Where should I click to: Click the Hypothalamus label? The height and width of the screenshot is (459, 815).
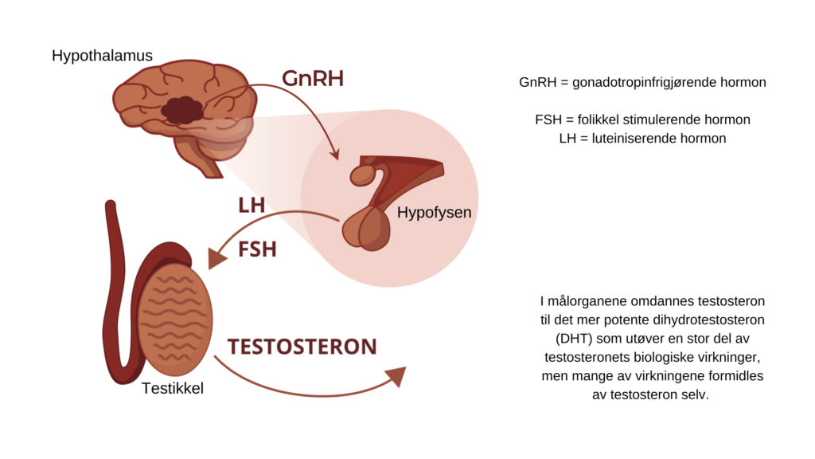102,57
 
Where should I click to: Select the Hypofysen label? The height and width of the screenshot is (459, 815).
434,213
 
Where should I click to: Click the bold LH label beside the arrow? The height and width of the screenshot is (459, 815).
252,205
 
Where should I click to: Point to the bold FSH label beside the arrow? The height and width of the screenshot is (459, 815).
257,249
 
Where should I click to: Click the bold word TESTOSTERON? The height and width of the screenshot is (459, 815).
302,347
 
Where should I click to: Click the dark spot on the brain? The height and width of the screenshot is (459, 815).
182,110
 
